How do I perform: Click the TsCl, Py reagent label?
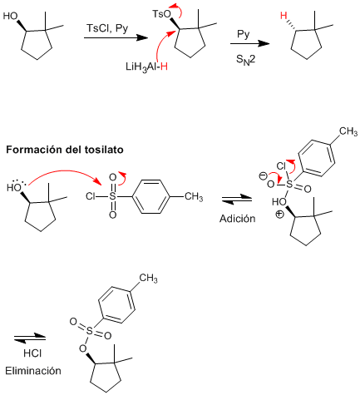(x=107, y=28)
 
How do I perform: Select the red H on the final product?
(x=284, y=16)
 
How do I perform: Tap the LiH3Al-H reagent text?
(x=146, y=67)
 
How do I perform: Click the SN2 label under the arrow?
(x=245, y=60)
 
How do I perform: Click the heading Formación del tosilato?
(x=65, y=150)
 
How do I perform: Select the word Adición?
(x=238, y=219)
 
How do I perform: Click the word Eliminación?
(x=33, y=371)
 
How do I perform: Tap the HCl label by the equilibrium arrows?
(x=32, y=353)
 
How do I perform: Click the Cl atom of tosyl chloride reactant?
(x=91, y=196)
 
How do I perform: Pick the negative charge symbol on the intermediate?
(x=263, y=175)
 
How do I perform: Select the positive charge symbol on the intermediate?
(x=280, y=215)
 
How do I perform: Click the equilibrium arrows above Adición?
(x=237, y=200)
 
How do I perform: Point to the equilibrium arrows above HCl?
(x=30, y=338)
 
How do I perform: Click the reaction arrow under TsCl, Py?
(x=115, y=37)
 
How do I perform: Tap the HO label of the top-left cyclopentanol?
(x=10, y=16)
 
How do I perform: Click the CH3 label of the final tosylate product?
(x=148, y=278)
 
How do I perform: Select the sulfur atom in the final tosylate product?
(x=90, y=330)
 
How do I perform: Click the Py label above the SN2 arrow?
(x=244, y=34)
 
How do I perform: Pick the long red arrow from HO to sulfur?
(x=65, y=172)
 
